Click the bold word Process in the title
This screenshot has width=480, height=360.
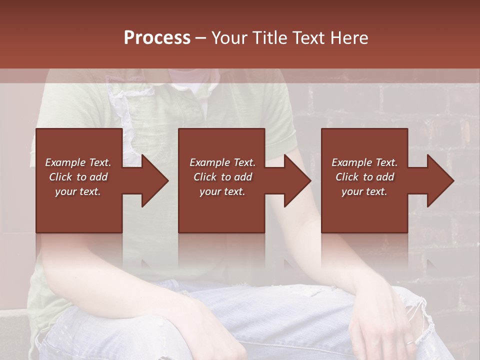(157, 38)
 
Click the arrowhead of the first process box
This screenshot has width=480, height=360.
(154, 180)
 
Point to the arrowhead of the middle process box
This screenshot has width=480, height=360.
(297, 180)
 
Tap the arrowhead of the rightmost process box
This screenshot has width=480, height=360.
(440, 180)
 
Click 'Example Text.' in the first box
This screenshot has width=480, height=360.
(78, 162)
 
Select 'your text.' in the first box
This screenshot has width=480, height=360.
(78, 191)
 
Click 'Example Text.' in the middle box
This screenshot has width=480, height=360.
(222, 162)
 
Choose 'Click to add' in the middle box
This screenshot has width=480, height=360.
(222, 177)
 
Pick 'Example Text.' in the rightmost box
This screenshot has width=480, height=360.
(364, 162)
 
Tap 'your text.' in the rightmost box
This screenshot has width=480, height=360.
(364, 191)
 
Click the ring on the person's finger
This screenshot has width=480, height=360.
(408, 343)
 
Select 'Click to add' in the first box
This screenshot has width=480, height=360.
(78, 177)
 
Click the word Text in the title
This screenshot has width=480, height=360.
(308, 38)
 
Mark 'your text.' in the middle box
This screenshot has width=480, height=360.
(222, 191)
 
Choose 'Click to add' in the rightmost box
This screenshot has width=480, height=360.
(364, 177)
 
